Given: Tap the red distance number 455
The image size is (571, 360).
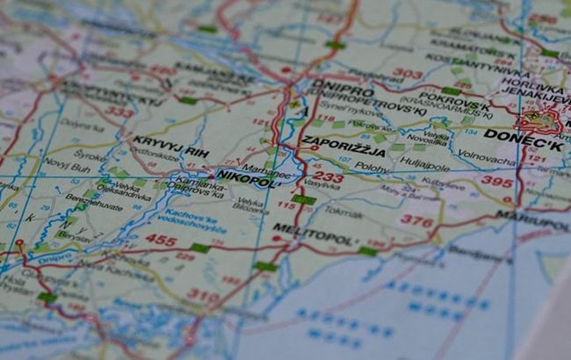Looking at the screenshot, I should [160, 240].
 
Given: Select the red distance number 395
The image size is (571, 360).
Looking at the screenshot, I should [498, 181].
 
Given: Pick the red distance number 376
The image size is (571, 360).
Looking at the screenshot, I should [416, 221].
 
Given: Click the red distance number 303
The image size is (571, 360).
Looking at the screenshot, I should [407, 74].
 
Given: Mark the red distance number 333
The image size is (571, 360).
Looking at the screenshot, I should [119, 112].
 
